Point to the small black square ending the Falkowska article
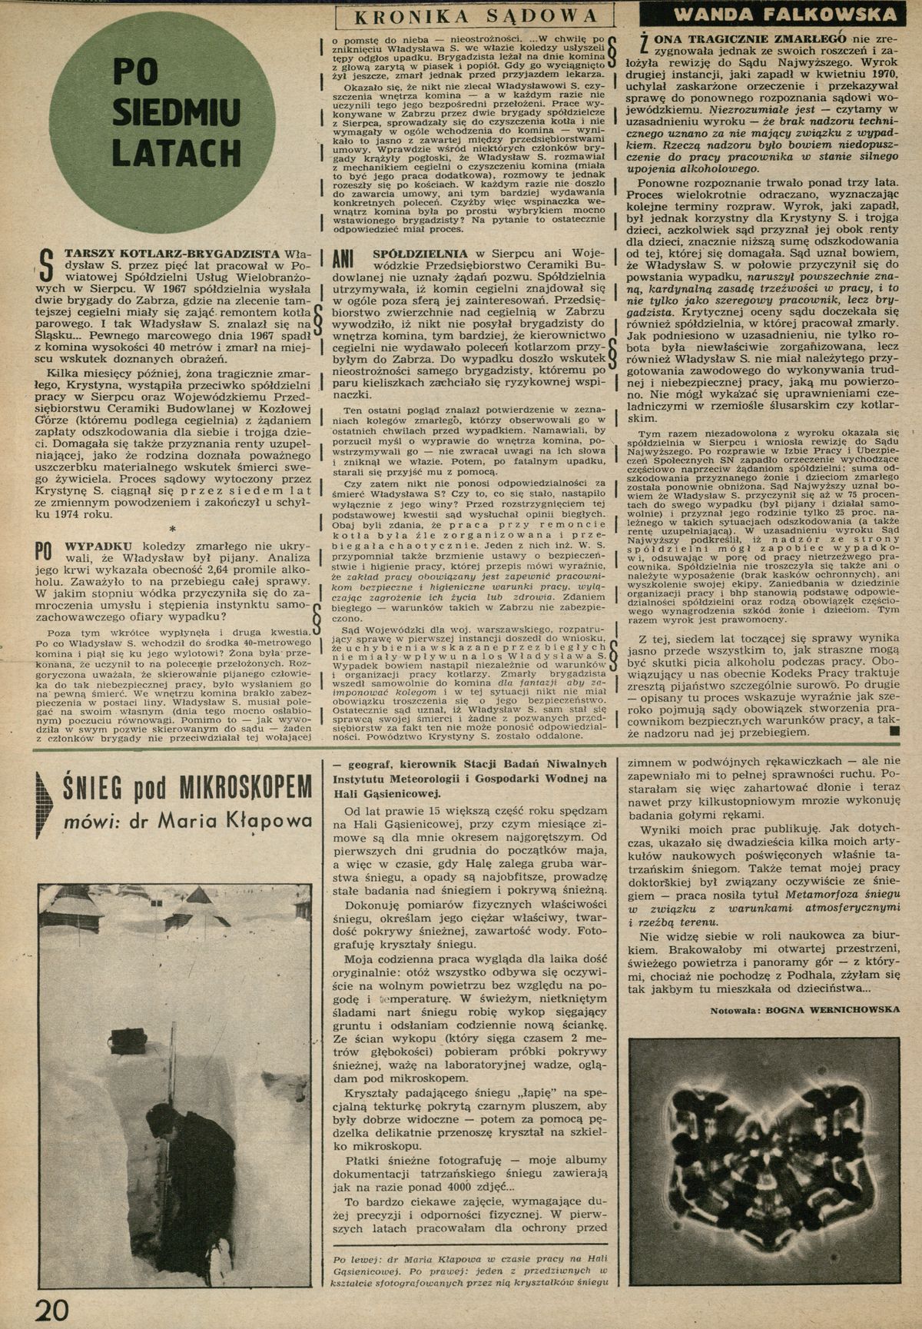[893, 733]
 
